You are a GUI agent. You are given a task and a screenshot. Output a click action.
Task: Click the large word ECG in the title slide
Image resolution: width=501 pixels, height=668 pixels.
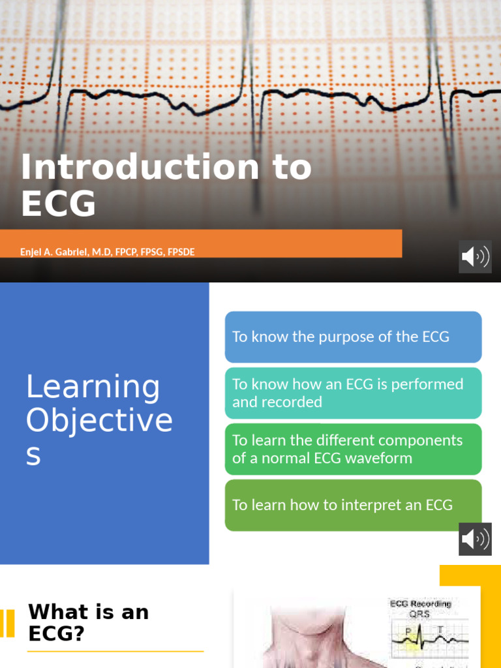coord(59,204)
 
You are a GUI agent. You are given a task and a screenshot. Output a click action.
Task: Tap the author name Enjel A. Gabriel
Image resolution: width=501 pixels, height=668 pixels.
coord(64,252)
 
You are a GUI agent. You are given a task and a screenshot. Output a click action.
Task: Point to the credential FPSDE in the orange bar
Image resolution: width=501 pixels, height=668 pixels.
coord(181,252)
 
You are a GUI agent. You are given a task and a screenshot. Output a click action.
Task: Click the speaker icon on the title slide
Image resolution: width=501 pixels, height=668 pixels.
coord(475,256)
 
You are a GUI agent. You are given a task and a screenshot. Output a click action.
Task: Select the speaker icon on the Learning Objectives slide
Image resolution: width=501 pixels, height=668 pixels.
coord(475,539)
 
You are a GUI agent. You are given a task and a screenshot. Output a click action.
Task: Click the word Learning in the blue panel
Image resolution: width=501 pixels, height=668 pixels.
coord(93,386)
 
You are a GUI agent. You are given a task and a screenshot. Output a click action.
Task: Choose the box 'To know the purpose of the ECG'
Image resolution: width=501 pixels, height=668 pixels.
coord(353,337)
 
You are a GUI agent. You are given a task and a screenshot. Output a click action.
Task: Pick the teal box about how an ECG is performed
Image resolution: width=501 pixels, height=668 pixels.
coord(353,393)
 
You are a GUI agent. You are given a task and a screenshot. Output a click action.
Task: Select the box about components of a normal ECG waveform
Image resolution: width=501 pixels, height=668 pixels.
coord(353,449)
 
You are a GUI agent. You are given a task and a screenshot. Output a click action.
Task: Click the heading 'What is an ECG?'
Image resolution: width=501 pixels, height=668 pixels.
coord(88,622)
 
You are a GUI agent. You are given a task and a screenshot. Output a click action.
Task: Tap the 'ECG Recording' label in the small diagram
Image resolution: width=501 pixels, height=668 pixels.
coord(421,604)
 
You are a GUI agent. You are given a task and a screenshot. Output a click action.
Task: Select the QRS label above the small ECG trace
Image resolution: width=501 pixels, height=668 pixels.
coord(420,615)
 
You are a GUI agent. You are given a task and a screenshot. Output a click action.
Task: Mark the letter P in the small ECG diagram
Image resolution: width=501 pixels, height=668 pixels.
coord(408,631)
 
